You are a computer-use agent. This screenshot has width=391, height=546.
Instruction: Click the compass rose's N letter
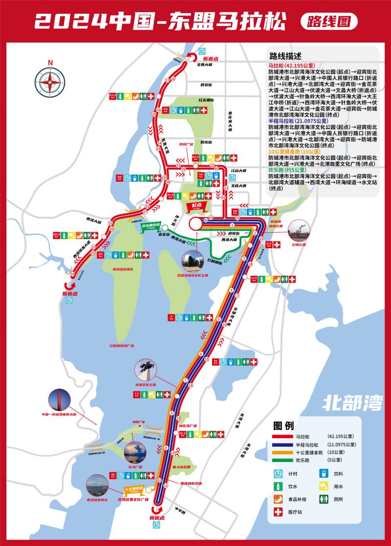pyautogui.click(x=50, y=62)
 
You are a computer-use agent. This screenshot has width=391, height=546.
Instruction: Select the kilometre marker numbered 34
pyautogui.click(x=73, y=274)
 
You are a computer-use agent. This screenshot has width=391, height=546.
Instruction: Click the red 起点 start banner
pyautogui.click(x=196, y=206)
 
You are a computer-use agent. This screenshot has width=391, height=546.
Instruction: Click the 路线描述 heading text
pyautogui.click(x=285, y=55)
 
